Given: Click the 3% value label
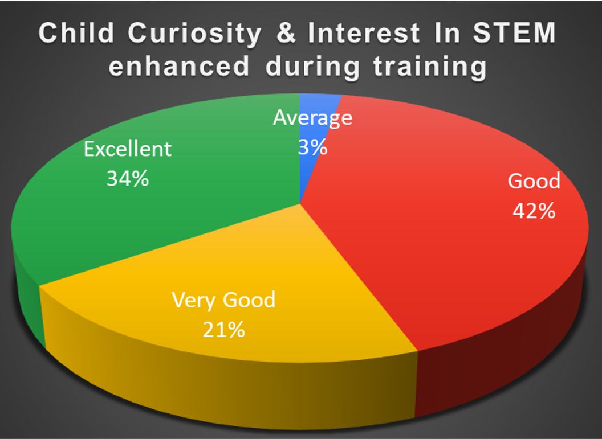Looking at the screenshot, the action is point(312,147).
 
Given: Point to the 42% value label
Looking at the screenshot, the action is point(534,211).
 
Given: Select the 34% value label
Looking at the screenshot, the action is point(128,178).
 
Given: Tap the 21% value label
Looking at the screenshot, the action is point(223,329).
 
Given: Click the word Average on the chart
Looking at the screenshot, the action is point(312,118).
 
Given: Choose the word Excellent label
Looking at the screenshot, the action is point(128,149).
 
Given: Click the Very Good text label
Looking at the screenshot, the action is point(223,299).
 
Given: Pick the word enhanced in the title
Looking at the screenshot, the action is point(180,66).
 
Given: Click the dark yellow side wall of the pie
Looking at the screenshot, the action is point(230,387).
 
